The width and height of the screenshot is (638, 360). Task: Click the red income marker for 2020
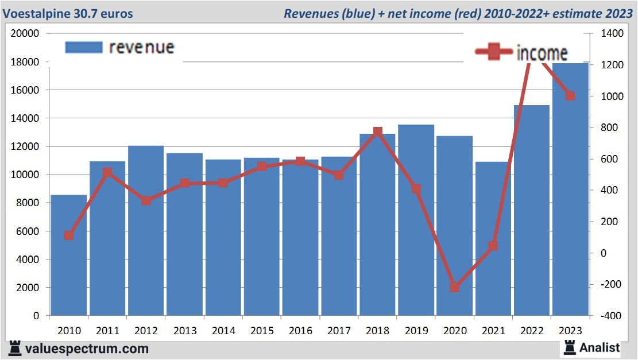click(x=454, y=287)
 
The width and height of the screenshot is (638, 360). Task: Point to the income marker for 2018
click(x=377, y=132)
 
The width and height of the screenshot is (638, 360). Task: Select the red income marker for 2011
click(x=107, y=172)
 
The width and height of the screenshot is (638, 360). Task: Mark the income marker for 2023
click(x=570, y=96)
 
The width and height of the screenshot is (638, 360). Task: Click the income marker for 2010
click(x=68, y=235)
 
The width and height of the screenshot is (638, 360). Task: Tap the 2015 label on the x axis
click(x=261, y=331)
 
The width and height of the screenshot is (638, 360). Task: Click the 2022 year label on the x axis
click(x=532, y=331)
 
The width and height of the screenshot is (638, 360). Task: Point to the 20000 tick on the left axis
click(x=25, y=33)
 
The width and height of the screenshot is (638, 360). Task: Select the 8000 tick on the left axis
click(x=27, y=203)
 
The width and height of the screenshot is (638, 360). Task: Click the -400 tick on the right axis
click(x=610, y=316)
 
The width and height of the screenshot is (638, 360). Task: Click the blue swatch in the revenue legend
click(x=83, y=47)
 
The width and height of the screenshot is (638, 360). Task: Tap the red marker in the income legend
click(x=492, y=53)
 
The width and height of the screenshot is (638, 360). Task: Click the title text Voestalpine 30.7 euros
click(x=68, y=13)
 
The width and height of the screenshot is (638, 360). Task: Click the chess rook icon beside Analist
click(x=570, y=347)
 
